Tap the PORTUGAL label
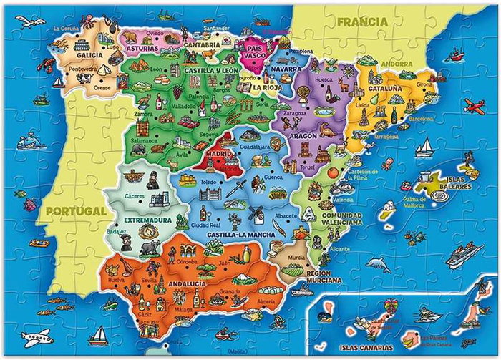pyautogui.click(x=74, y=211)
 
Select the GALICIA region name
pyautogui.click(x=89, y=54)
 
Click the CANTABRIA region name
pyautogui.click(x=201, y=44)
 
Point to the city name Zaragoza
pyautogui.click(x=295, y=114)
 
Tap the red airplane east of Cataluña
pyautogui.click(x=474, y=107)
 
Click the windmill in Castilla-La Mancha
pyautogui.click(x=256, y=213)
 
